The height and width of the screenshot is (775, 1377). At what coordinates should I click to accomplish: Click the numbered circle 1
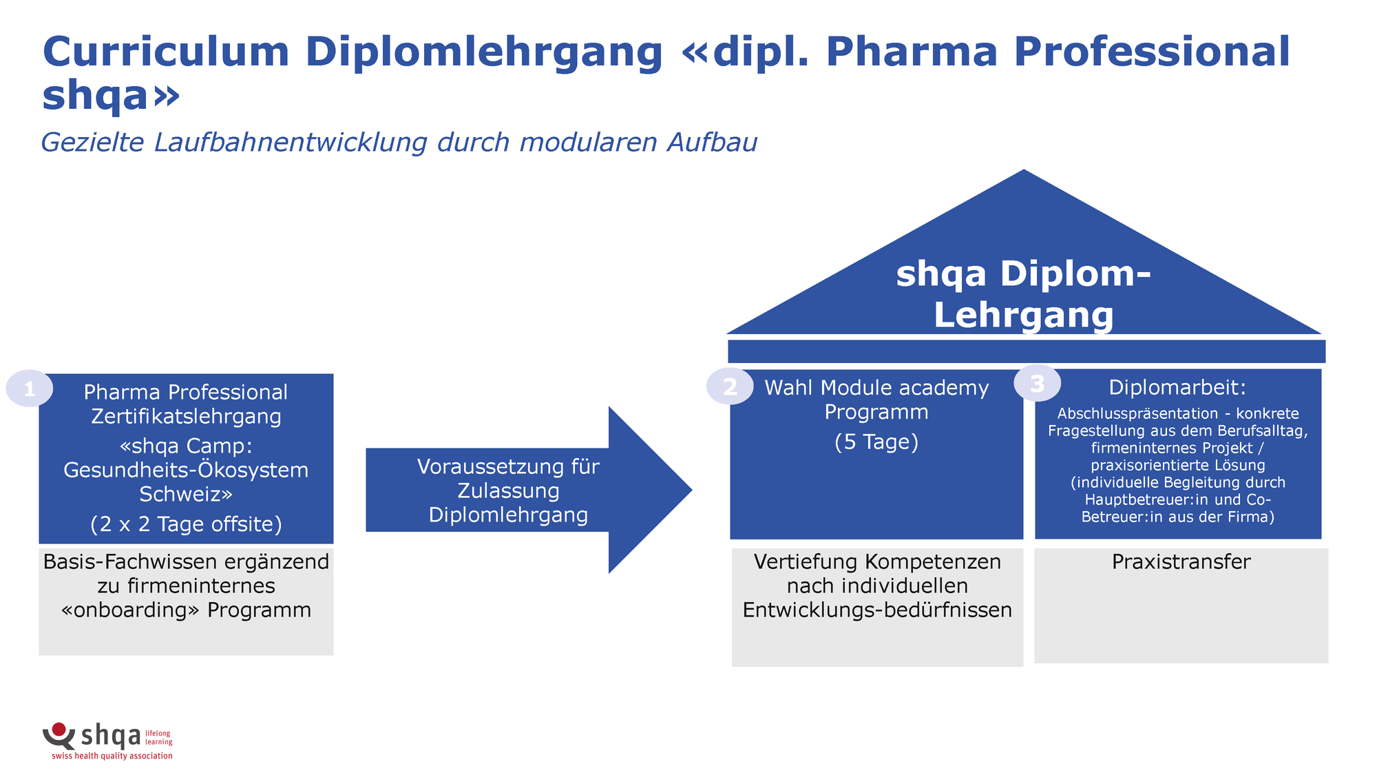(29, 389)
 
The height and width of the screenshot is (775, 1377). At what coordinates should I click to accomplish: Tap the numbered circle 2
(730, 386)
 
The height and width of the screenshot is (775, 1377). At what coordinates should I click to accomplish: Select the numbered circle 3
(1037, 383)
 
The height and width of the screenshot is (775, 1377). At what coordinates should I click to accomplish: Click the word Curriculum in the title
(166, 52)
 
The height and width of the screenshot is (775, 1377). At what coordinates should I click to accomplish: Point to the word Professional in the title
(1151, 52)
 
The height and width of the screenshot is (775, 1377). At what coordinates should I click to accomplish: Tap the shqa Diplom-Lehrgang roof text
(1023, 294)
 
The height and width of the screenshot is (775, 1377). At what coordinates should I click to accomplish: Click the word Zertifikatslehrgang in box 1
(186, 416)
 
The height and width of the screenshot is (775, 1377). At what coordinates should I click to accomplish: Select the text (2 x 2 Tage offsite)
(186, 524)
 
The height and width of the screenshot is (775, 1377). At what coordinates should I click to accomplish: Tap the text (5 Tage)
(876, 442)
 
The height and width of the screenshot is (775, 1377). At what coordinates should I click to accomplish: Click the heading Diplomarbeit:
(1177, 387)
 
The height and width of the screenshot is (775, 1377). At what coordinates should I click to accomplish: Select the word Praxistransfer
(1181, 561)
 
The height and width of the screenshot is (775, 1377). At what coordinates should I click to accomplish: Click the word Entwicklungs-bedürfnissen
(877, 610)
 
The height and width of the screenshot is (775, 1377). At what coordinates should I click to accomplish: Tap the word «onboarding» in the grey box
(131, 610)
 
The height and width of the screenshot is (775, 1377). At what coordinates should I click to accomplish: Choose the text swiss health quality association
(112, 756)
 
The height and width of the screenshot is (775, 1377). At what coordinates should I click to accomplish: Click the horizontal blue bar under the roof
(1026, 351)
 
